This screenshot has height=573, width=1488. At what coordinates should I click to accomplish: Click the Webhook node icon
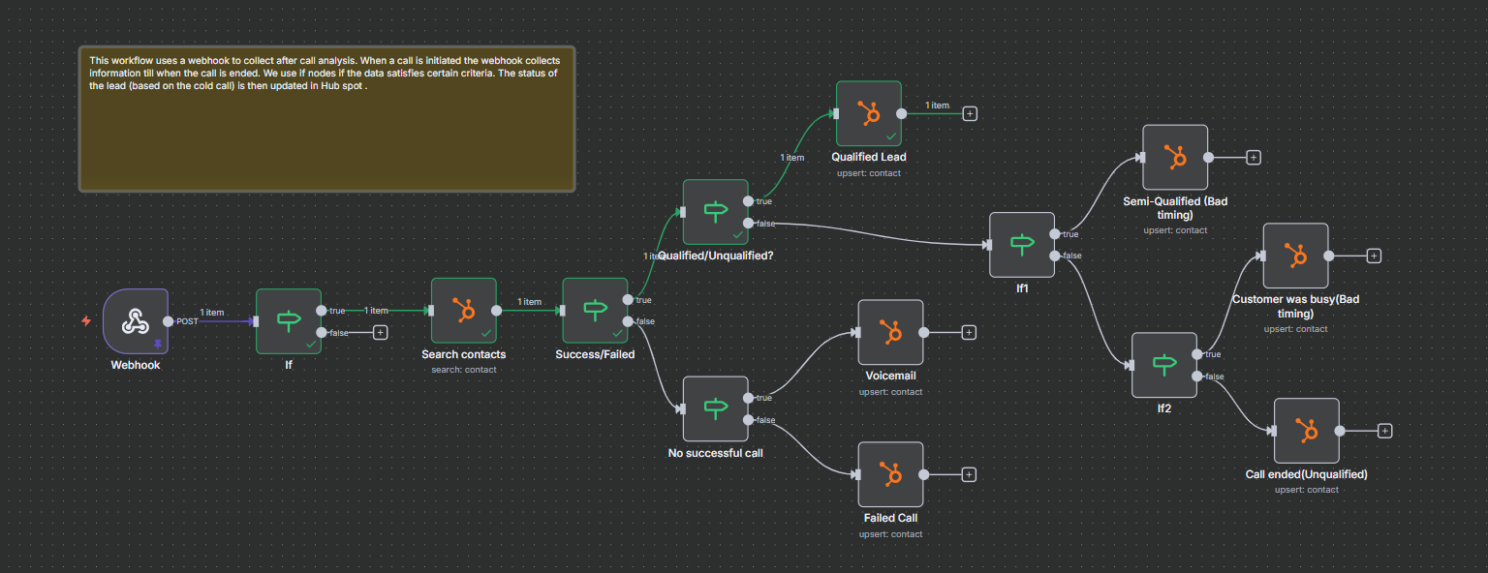point(135,321)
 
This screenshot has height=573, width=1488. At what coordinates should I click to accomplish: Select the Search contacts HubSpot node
point(463,311)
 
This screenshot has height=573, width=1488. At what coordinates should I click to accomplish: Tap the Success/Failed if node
point(595,311)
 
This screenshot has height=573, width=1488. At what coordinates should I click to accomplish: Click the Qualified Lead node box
point(869,113)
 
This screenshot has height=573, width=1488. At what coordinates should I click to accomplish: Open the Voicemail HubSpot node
point(890,332)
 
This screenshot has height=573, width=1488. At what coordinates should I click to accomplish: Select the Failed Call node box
point(890,474)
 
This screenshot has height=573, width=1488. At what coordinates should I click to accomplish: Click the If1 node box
point(1021,245)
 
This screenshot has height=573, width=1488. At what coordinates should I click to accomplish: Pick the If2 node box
point(1164,365)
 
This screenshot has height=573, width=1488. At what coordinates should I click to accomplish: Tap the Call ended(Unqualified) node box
point(1306,431)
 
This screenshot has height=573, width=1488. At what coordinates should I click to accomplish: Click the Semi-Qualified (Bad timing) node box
point(1174,157)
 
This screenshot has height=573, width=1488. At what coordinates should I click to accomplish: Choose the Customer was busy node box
point(1295,256)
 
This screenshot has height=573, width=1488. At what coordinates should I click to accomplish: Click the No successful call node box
point(715,408)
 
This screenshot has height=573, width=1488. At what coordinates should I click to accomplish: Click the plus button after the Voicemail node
point(969,332)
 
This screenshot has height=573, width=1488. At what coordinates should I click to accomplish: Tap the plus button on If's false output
point(380,332)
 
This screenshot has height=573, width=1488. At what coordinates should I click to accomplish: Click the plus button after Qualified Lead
point(970,113)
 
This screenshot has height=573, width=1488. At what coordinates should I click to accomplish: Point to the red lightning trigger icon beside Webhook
point(86,321)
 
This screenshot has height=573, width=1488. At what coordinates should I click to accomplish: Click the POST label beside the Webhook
point(187,321)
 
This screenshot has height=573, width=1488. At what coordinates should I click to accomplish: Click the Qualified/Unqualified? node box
point(715,212)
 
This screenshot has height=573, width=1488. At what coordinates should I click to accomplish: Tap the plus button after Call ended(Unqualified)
point(1384,431)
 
